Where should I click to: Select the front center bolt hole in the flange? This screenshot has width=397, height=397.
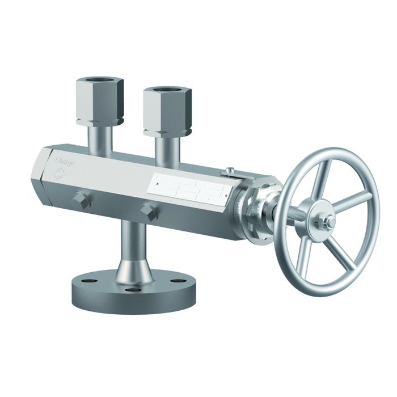134,290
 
